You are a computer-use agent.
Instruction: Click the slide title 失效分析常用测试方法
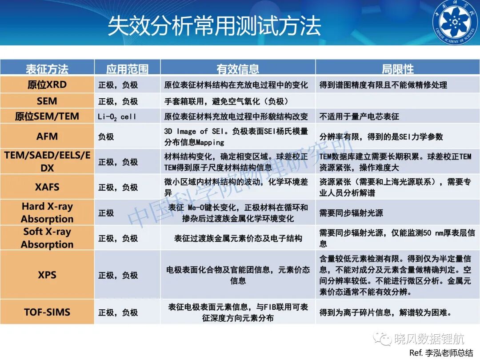[214, 26]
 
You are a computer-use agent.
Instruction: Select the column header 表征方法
[47, 69]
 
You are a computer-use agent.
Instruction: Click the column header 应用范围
[127, 69]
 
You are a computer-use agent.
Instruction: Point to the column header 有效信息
[237, 69]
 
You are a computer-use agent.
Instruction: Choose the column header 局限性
[397, 69]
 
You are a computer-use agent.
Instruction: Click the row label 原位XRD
[47, 84]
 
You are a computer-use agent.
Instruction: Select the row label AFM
[47, 136]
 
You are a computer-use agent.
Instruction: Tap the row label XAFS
[47, 187]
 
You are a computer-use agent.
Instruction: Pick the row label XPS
[47, 275]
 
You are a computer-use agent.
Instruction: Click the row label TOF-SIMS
[47, 312]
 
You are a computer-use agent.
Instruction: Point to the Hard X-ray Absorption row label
[47, 212]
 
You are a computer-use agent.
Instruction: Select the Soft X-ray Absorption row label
[47, 238]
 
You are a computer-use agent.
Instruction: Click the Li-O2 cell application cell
[116, 116]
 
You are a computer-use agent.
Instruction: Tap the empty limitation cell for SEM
[397, 101]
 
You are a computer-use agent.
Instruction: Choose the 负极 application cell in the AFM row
[106, 136]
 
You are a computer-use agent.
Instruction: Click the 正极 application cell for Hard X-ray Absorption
[106, 213]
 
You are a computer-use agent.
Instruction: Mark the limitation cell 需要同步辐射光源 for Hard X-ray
[351, 213]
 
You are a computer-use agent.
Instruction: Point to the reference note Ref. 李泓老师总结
[441, 352]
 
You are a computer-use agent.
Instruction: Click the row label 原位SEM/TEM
[47, 116]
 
